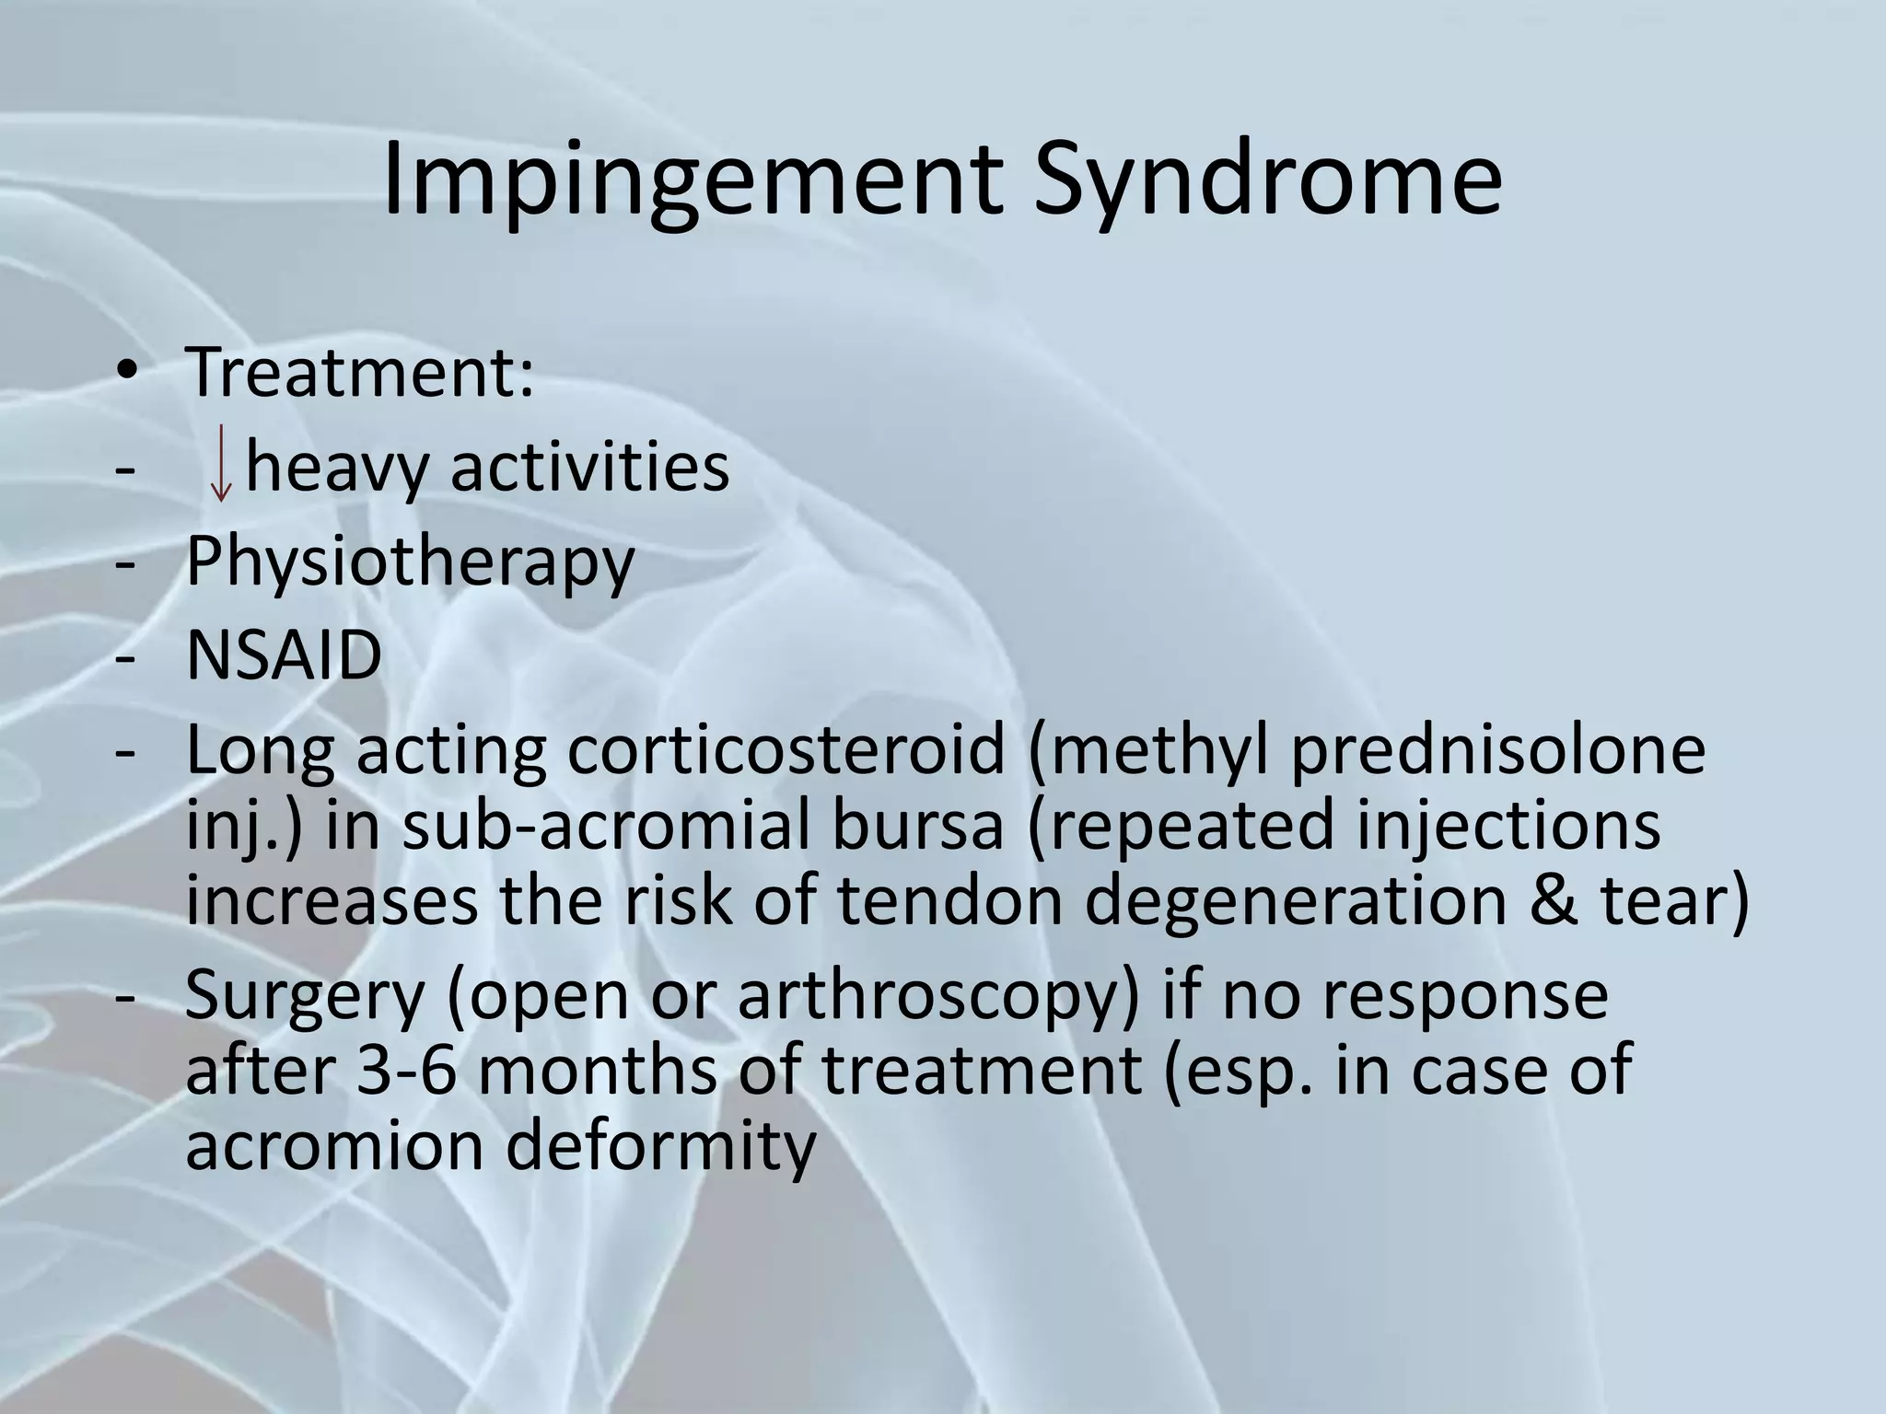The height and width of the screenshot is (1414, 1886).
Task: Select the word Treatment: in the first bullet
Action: pyautogui.click(x=359, y=373)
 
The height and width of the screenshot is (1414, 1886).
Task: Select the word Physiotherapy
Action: pyautogui.click(x=410, y=563)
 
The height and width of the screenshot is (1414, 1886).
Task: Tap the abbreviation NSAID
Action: pyautogui.click(x=284, y=655)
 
